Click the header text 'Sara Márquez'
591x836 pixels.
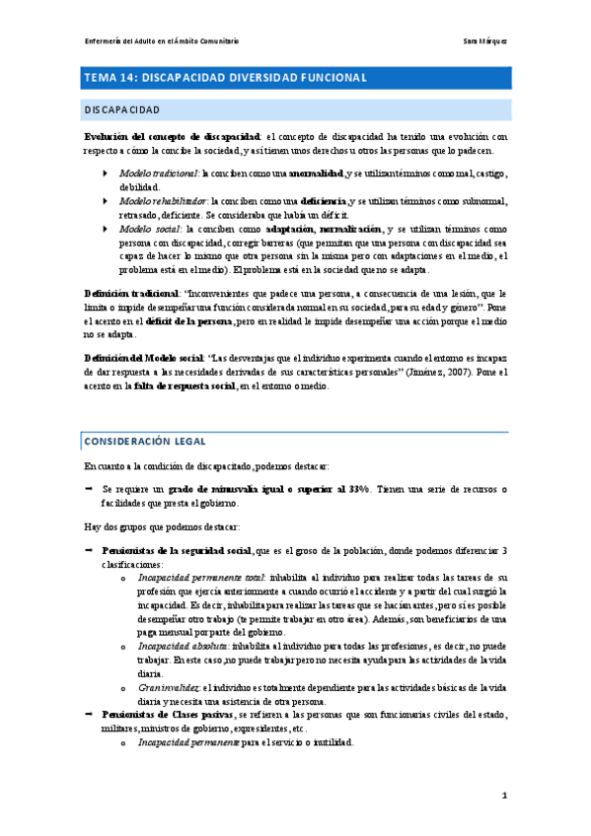pos(485,40)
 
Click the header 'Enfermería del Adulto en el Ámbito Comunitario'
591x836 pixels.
pos(162,40)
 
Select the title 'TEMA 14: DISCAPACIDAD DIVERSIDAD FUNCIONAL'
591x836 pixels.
pos(226,77)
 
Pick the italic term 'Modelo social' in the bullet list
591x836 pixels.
pos(147,229)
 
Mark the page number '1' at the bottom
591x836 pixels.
pos(503,794)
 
